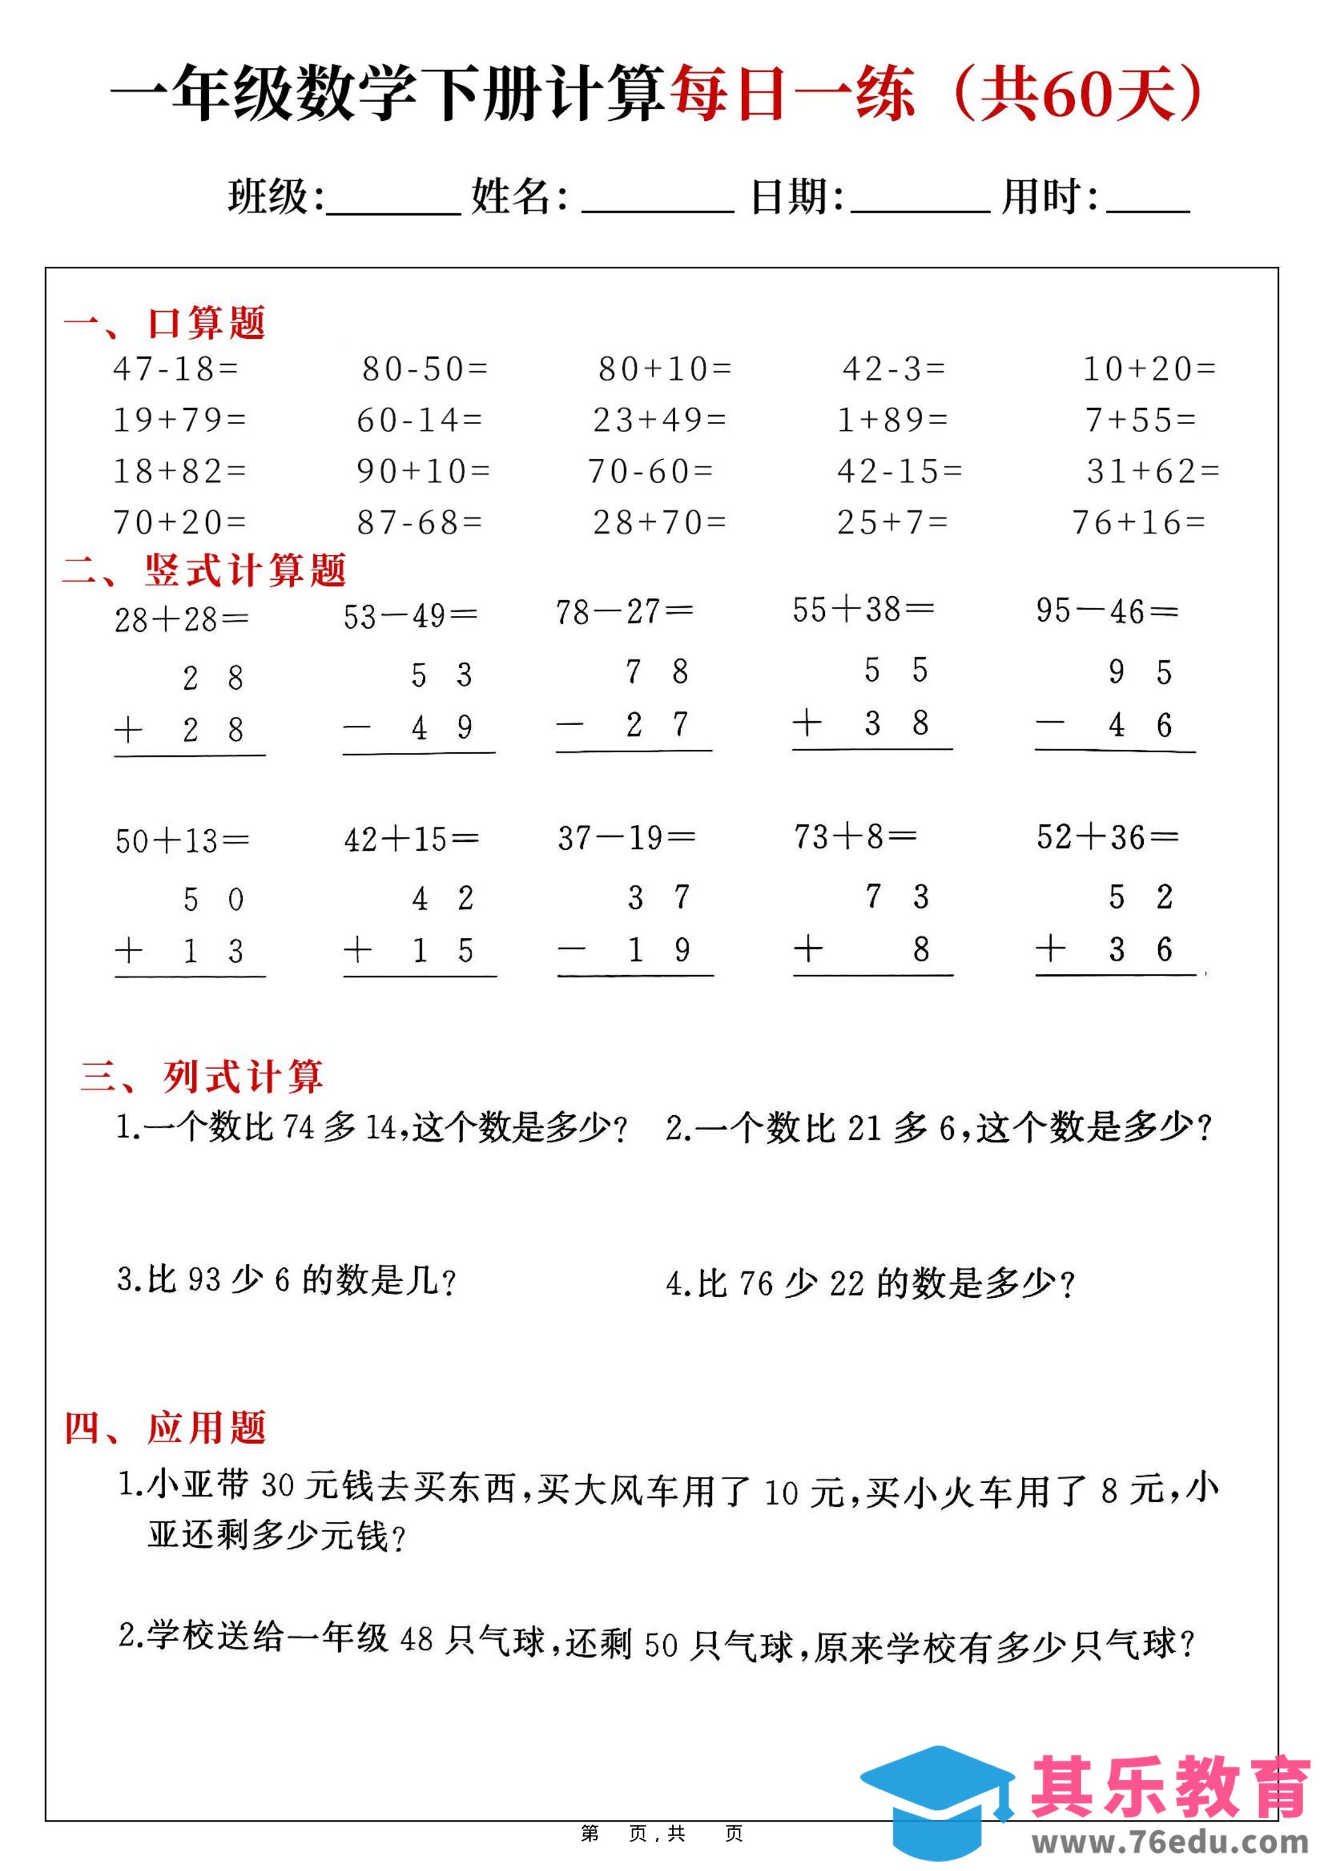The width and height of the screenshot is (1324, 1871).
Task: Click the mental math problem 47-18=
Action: tap(175, 370)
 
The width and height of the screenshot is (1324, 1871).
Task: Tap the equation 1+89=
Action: tap(893, 420)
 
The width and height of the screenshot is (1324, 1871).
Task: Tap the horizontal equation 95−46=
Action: tap(1107, 610)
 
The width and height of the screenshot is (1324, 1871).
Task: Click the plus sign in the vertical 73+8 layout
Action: tap(808, 949)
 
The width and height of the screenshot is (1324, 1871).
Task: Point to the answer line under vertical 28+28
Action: tap(190, 755)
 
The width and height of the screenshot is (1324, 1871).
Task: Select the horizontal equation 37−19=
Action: tap(626, 837)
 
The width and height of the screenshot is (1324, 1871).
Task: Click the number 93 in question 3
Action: tap(204, 1279)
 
